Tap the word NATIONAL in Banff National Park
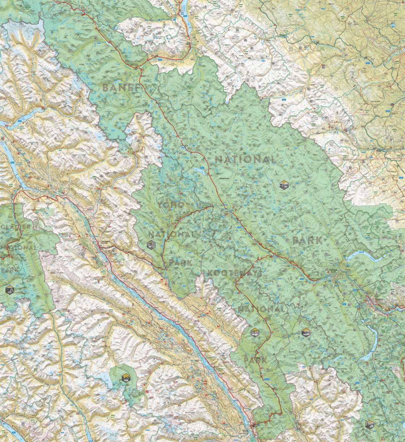[x=246, y=159]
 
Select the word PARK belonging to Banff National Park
[x=307, y=240]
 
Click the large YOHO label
[x=171, y=205]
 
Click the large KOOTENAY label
[x=234, y=273]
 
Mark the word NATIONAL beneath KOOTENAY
[x=261, y=309]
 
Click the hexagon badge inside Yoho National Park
[x=151, y=245]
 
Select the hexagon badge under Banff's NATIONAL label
[x=284, y=185]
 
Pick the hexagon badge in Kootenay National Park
[x=255, y=332]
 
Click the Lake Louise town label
[x=227, y=213]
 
